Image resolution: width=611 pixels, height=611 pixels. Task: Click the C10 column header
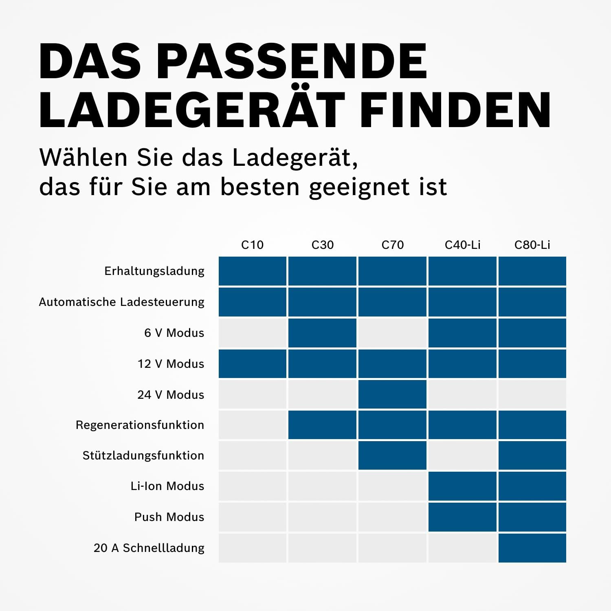tap(252, 245)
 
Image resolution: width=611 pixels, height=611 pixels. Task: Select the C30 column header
tap(322, 245)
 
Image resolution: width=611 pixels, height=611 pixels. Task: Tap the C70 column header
tap(392, 245)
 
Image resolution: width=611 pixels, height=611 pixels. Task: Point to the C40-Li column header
tap(462, 245)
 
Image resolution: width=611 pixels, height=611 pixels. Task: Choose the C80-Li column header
tap(532, 245)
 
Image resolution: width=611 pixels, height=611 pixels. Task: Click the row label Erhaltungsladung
tap(154, 271)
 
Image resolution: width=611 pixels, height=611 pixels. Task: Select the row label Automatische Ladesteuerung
tap(121, 302)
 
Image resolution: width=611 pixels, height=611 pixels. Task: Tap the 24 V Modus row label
tap(171, 395)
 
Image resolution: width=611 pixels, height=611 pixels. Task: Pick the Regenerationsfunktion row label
tap(140, 425)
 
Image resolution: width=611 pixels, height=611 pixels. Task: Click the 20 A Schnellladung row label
tap(149, 548)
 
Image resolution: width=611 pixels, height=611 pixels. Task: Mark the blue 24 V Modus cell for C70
tap(392, 394)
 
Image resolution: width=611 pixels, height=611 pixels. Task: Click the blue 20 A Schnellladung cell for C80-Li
tap(532, 548)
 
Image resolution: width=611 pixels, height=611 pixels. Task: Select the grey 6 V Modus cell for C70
tap(392, 333)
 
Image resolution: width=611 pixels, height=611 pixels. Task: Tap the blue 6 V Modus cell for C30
tap(322, 333)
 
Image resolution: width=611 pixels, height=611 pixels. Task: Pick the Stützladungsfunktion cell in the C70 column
tap(392, 455)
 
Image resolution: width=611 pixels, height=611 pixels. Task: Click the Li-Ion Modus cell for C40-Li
tap(462, 486)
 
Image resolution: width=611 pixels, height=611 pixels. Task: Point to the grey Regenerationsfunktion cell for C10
tap(252, 425)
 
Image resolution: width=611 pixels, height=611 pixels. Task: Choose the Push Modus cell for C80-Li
tap(532, 517)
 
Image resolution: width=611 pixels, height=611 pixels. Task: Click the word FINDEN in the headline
tap(455, 110)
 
